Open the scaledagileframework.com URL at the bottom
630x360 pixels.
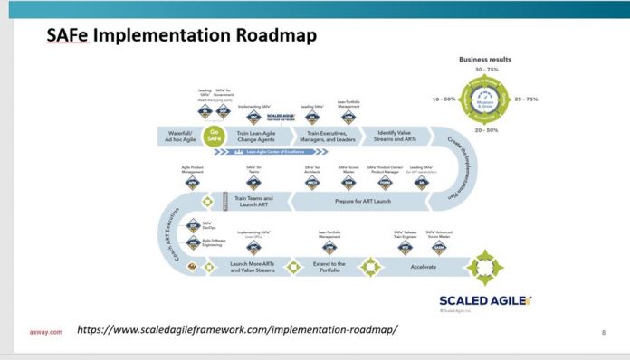coord(237,329)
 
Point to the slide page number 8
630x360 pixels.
coord(603,332)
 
